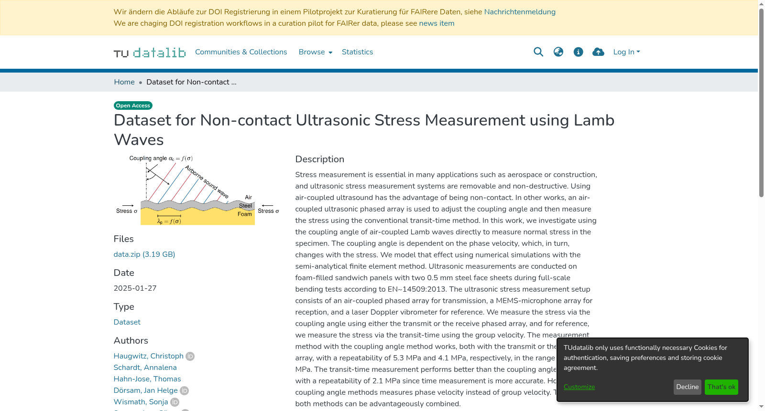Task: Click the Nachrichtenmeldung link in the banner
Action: pyautogui.click(x=520, y=12)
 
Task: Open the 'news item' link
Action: pyautogui.click(x=437, y=23)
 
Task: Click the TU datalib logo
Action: pyautogui.click(x=150, y=52)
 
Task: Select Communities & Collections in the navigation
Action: pyautogui.click(x=241, y=52)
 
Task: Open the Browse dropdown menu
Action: pyautogui.click(x=315, y=52)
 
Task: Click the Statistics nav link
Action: pyautogui.click(x=357, y=52)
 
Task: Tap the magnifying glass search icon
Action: pyautogui.click(x=538, y=52)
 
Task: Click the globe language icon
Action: pyautogui.click(x=558, y=52)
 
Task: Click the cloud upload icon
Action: pyautogui.click(x=598, y=52)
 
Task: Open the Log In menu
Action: pyautogui.click(x=626, y=52)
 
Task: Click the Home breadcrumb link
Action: pyautogui.click(x=124, y=82)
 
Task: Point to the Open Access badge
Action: pyautogui.click(x=133, y=105)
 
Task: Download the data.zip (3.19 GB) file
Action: pyautogui.click(x=144, y=254)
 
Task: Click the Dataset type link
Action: pyautogui.click(x=127, y=322)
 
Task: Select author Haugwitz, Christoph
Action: pyautogui.click(x=149, y=356)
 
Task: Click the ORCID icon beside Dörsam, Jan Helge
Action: pyautogui.click(x=185, y=390)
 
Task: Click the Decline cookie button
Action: pyautogui.click(x=688, y=387)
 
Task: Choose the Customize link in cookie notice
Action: pyautogui.click(x=579, y=387)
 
